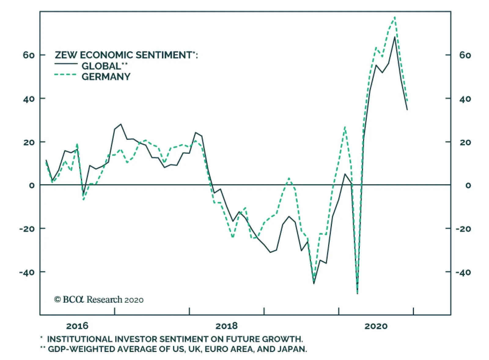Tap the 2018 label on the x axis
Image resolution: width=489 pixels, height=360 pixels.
coord(226,326)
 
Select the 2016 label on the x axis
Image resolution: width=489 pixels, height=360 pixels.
coord(77,326)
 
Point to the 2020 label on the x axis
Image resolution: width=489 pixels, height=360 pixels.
coord(376,326)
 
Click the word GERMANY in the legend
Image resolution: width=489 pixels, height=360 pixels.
coord(106,77)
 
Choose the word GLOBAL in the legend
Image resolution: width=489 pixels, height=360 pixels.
coord(101,66)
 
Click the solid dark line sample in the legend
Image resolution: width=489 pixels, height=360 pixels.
coord(66,64)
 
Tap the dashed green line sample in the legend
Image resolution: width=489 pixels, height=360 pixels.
coord(65,75)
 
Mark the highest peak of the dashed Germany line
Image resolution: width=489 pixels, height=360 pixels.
coord(395,17)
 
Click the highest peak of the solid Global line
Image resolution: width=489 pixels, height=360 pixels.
coord(395,37)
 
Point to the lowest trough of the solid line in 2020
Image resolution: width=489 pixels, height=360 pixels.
coord(357,293)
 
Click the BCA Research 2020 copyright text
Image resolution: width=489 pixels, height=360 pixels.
coord(99,300)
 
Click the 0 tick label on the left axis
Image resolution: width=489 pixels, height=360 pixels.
coord(32,185)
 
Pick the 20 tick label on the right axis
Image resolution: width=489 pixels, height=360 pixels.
coord(465,142)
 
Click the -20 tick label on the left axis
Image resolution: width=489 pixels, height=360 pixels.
coord(27,229)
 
